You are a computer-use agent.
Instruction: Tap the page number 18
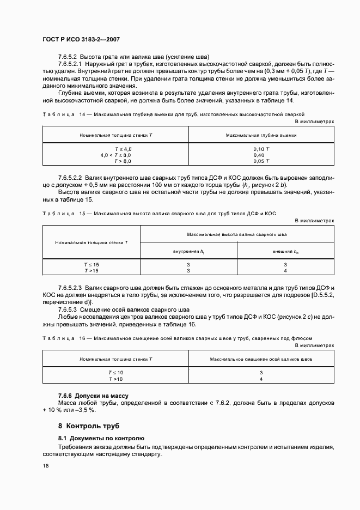[46, 466]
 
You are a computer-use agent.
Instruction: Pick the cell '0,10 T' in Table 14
[261, 149]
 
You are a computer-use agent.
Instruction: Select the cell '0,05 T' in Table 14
[261, 161]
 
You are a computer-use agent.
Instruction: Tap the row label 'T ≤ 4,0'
[123, 149]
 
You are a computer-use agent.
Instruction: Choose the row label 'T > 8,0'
[123, 161]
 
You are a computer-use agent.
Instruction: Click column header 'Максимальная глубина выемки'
[261, 134]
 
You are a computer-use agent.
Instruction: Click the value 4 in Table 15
[285, 271]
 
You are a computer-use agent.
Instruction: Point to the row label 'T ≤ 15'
[91, 265]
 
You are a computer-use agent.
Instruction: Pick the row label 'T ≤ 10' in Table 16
[116, 372]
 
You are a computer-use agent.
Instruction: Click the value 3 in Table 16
[261, 372]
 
